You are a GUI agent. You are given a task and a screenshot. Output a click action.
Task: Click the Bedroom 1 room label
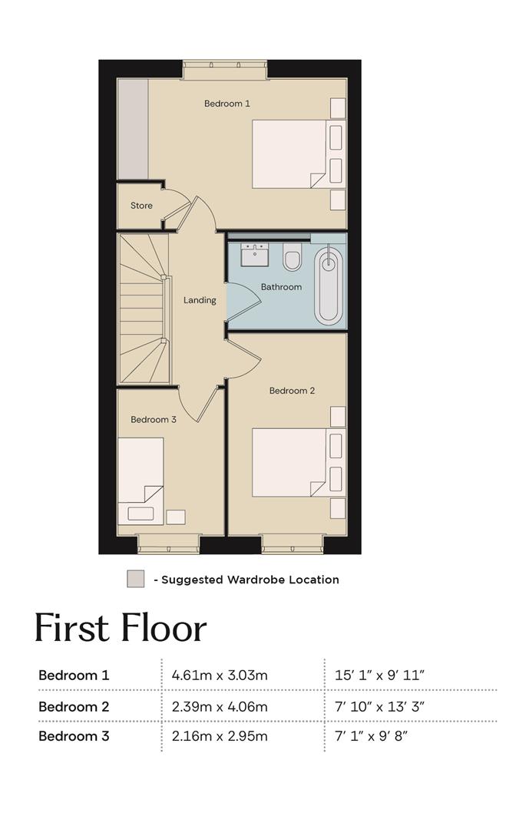[x=227, y=104]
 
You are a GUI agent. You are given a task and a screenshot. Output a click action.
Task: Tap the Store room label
[x=141, y=206]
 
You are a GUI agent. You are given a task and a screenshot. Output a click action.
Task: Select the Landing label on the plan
[x=200, y=300]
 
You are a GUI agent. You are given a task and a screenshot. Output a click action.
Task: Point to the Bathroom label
[x=281, y=287]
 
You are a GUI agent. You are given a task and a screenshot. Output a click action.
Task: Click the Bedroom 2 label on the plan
[x=292, y=391]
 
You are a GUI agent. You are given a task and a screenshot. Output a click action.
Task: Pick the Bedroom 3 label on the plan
[x=154, y=420]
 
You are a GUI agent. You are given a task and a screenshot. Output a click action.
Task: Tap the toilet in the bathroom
[x=292, y=257]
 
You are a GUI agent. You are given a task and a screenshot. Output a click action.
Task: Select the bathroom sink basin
[x=255, y=255]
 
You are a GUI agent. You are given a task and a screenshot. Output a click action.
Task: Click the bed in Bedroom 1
[x=289, y=154]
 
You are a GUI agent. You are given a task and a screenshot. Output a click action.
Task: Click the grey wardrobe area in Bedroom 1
[x=132, y=129]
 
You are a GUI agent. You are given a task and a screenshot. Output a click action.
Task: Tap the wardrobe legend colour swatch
[x=135, y=579]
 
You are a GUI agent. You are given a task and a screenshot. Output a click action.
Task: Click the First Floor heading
[x=120, y=628]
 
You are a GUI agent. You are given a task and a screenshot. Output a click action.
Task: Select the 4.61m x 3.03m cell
[x=220, y=675]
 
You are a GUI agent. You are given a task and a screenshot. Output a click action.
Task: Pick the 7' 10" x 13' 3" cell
[x=380, y=707]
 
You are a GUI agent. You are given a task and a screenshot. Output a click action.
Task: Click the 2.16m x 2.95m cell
[x=220, y=736]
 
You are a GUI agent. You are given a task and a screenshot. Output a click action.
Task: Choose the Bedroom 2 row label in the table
[x=74, y=707]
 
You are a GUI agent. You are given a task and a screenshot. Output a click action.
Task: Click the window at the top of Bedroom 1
[x=225, y=69]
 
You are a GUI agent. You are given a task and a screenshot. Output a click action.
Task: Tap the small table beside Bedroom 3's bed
[x=176, y=517]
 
